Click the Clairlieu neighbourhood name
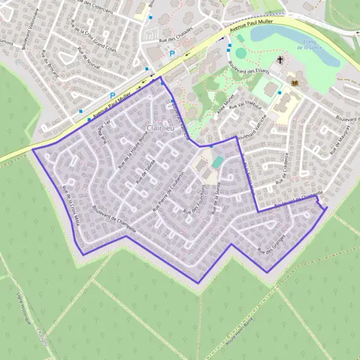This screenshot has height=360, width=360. point(160,128)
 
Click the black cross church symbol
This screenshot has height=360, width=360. point(280,60)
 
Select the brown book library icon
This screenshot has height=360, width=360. point(294,82)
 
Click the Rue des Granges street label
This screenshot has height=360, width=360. point(269,244)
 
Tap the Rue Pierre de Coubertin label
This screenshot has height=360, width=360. point(173,193)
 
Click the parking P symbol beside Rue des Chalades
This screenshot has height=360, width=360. point(172,53)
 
